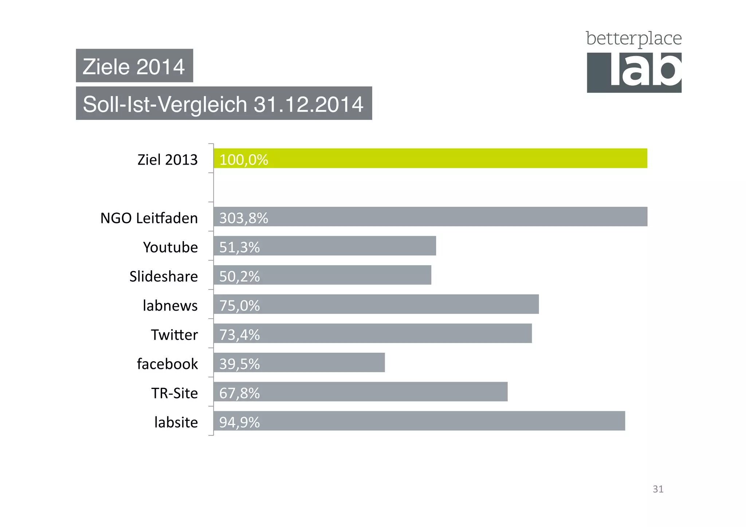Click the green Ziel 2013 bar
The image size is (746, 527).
pos(430,158)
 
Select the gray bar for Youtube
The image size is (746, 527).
pos(324,246)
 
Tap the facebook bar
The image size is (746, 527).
pos(299,362)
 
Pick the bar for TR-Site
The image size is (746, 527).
pos(361,392)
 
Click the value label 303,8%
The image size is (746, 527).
pos(243,218)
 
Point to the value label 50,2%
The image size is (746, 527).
pos(239,276)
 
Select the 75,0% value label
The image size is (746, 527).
pos(239,306)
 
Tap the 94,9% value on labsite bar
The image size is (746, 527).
pos(239,422)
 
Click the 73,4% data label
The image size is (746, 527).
pos(239,335)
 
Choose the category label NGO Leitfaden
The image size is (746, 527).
pos(149,218)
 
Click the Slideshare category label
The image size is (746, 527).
pos(164,276)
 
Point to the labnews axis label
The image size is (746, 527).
pos(170,306)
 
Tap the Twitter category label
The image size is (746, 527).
pos(174,335)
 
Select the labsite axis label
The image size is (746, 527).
pos(176,422)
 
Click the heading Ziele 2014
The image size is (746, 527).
pos(134,66)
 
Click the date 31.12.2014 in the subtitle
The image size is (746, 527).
pos(308,104)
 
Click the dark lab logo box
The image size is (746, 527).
pos(634,72)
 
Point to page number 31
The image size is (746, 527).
pos(658,489)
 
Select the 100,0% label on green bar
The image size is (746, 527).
pos(243,160)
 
